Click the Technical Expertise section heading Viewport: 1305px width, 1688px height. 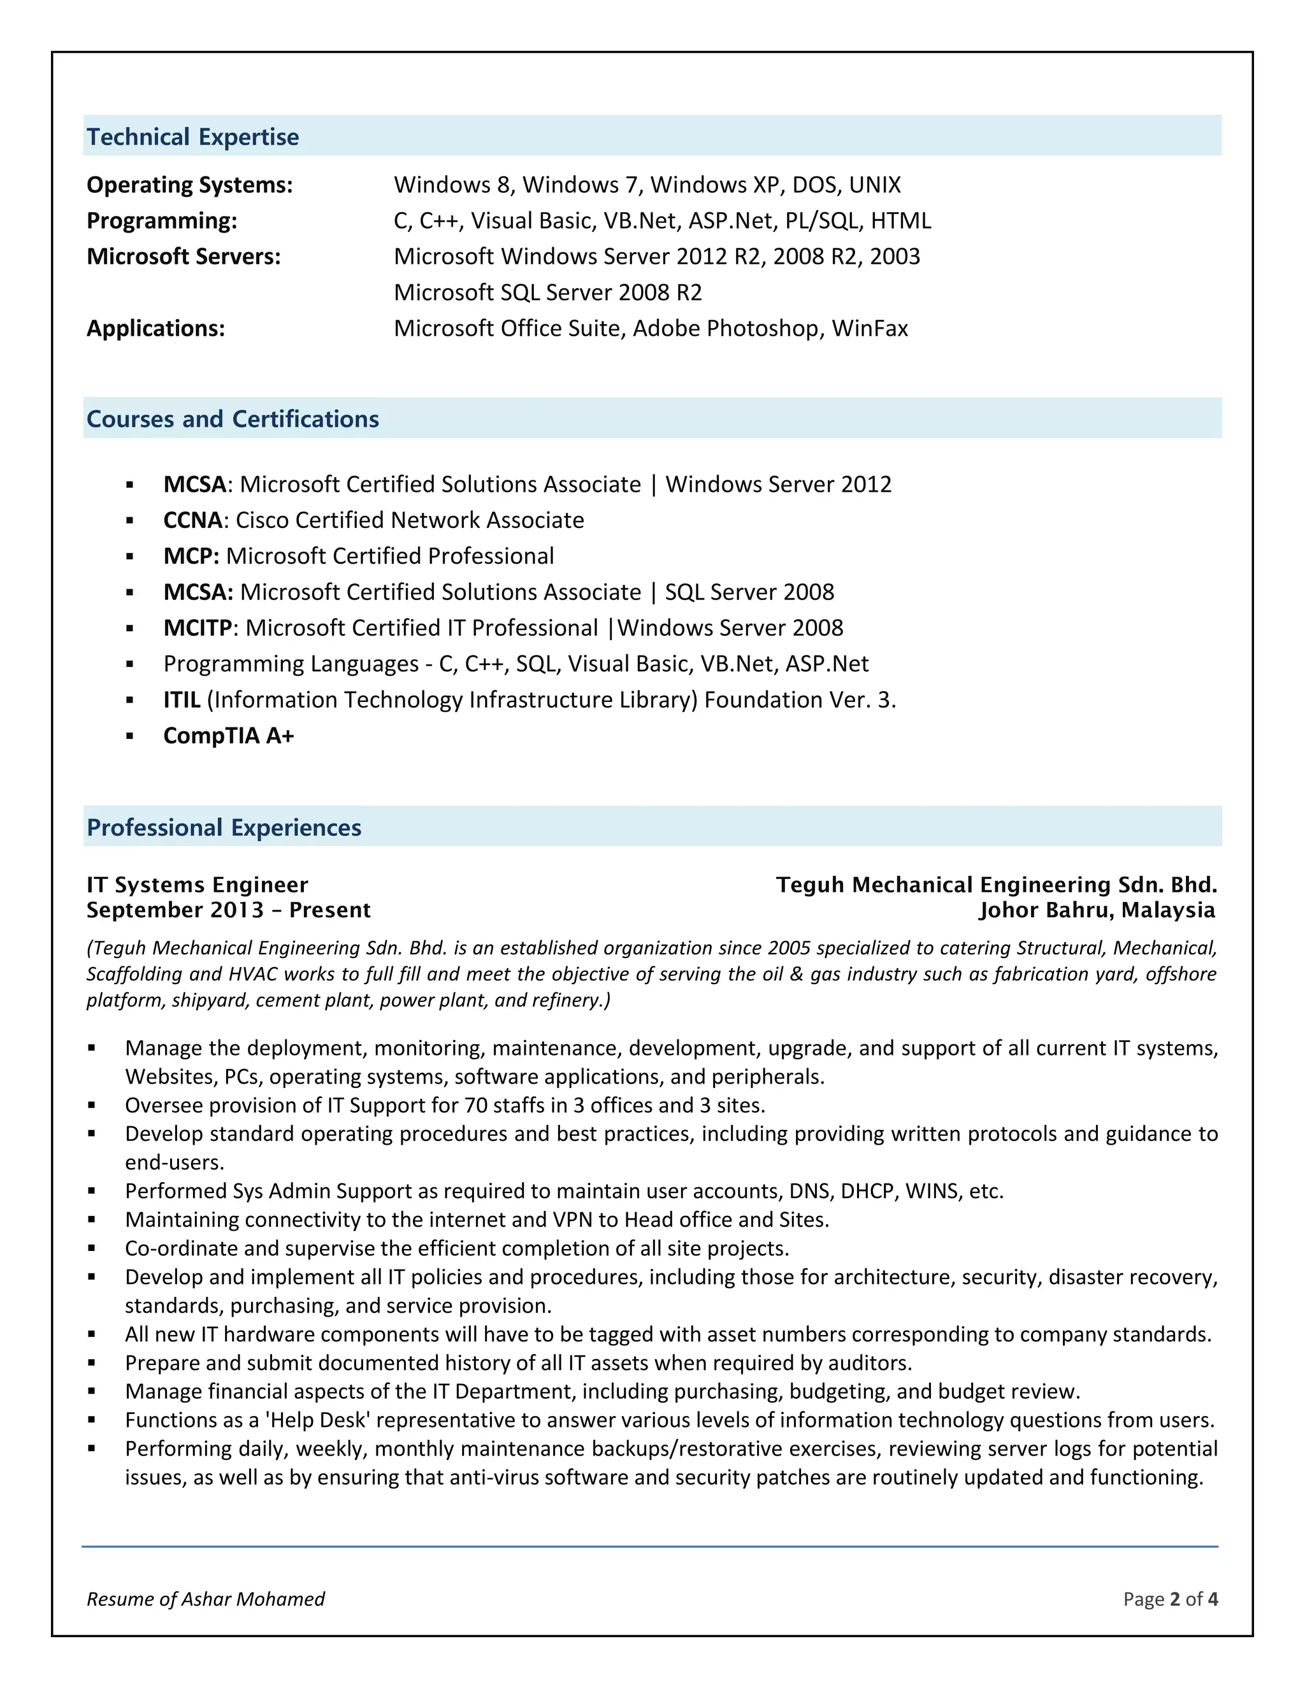tap(192, 137)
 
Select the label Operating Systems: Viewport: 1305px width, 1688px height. tap(189, 185)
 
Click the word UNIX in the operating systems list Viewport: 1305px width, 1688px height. tap(874, 185)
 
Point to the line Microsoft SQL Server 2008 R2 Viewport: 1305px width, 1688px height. tap(547, 292)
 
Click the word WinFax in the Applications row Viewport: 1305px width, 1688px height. tap(870, 329)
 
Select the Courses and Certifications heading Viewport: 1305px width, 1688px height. tap(233, 419)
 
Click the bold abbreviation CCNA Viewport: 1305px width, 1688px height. tap(193, 520)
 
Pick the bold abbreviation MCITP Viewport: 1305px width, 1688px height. tap(197, 627)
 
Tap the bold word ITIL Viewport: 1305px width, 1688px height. tap(182, 699)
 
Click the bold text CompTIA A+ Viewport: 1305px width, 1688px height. tap(229, 736)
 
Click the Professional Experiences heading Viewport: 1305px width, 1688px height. tap(224, 828)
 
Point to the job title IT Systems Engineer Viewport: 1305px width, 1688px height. tap(197, 885)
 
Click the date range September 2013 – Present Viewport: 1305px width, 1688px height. tap(229, 910)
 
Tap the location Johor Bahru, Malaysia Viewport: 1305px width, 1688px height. tap(1097, 910)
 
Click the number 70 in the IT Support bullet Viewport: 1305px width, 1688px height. tap(476, 1106)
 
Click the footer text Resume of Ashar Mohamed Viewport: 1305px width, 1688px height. tap(206, 1599)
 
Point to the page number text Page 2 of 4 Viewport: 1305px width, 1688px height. tap(1171, 1599)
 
